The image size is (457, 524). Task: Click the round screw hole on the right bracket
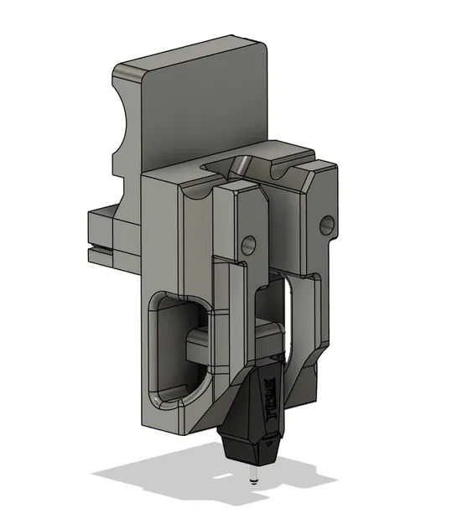pyautogui.click(x=326, y=223)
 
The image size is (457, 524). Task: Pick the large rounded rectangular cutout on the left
pyautogui.click(x=176, y=344)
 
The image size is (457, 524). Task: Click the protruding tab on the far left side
pyautogui.click(x=101, y=235)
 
